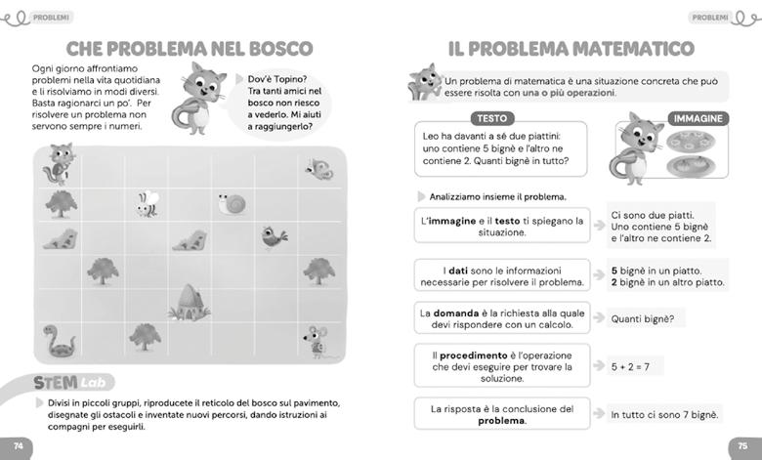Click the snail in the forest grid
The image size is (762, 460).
232,203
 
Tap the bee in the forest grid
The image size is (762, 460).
148,203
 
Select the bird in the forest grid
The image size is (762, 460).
274,237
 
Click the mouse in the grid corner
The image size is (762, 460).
316,340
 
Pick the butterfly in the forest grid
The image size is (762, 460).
317,169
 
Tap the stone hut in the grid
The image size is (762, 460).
190,303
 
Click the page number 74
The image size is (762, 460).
19,445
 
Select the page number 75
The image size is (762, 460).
741,445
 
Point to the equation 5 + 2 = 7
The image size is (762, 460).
630,367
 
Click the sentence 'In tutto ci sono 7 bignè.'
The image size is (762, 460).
664,415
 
